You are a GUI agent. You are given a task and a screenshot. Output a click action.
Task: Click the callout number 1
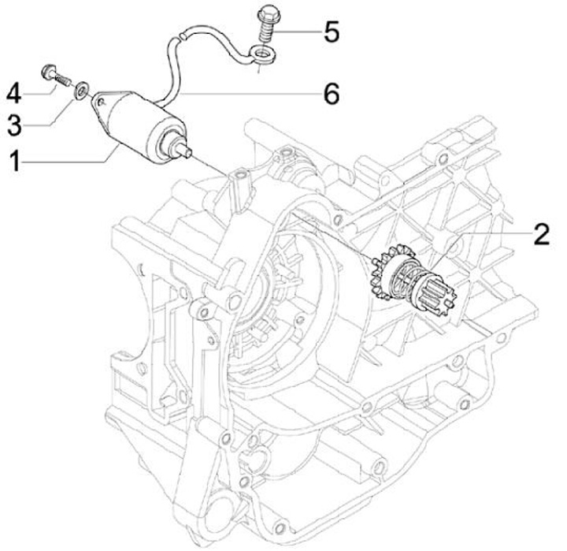[x=14, y=161]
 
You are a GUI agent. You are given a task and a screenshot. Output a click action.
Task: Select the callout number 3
[x=14, y=125]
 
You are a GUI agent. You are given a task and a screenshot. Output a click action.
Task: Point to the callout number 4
[x=14, y=93]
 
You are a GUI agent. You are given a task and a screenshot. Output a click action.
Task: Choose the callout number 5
[x=332, y=32]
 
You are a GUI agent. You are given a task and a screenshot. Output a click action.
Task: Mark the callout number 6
[x=332, y=94]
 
